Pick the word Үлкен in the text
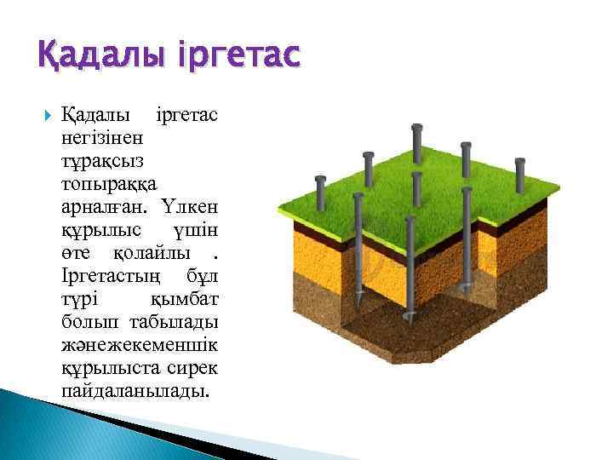coord(192,206)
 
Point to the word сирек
coord(198,367)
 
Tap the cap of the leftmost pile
coord(320,181)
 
